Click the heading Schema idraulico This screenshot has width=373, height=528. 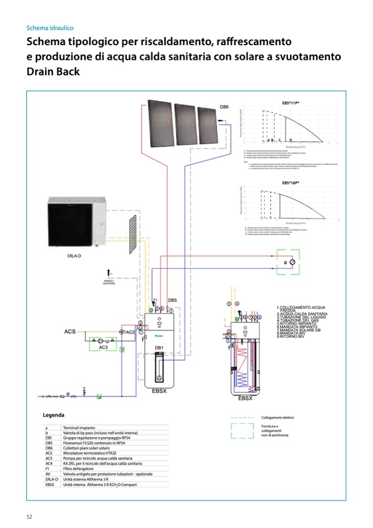point(50,28)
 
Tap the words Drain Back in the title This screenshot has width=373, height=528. point(53,72)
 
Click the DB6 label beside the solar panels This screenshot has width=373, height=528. point(224,107)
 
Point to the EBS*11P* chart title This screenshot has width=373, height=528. point(290,102)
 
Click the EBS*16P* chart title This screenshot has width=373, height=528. point(290,182)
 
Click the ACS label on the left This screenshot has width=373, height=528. point(70,332)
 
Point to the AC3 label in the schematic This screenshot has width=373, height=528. point(103,347)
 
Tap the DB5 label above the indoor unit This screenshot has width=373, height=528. point(172,301)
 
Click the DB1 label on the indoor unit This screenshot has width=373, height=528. point(158,347)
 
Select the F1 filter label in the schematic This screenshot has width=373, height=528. point(156,300)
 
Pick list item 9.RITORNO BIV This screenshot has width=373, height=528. point(290,336)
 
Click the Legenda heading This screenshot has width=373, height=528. point(54,415)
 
